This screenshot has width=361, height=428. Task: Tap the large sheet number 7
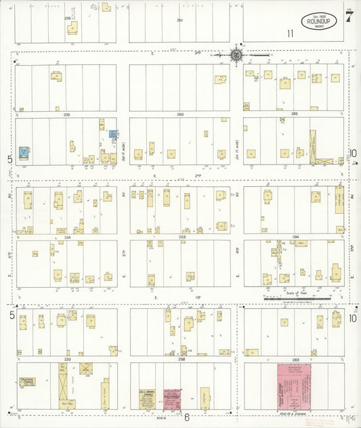(348, 17)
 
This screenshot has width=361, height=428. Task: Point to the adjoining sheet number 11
(290, 33)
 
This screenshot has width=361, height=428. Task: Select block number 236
(66, 17)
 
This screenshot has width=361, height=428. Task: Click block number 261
(179, 20)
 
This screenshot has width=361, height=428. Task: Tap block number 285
(294, 114)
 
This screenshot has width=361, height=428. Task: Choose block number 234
(66, 237)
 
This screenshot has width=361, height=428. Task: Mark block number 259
(180, 237)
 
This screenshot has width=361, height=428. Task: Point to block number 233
(66, 359)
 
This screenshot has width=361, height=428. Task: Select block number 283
(294, 359)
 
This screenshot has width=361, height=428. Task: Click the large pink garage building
(297, 387)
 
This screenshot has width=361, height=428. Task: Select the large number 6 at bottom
(186, 418)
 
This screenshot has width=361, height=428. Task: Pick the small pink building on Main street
(172, 398)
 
